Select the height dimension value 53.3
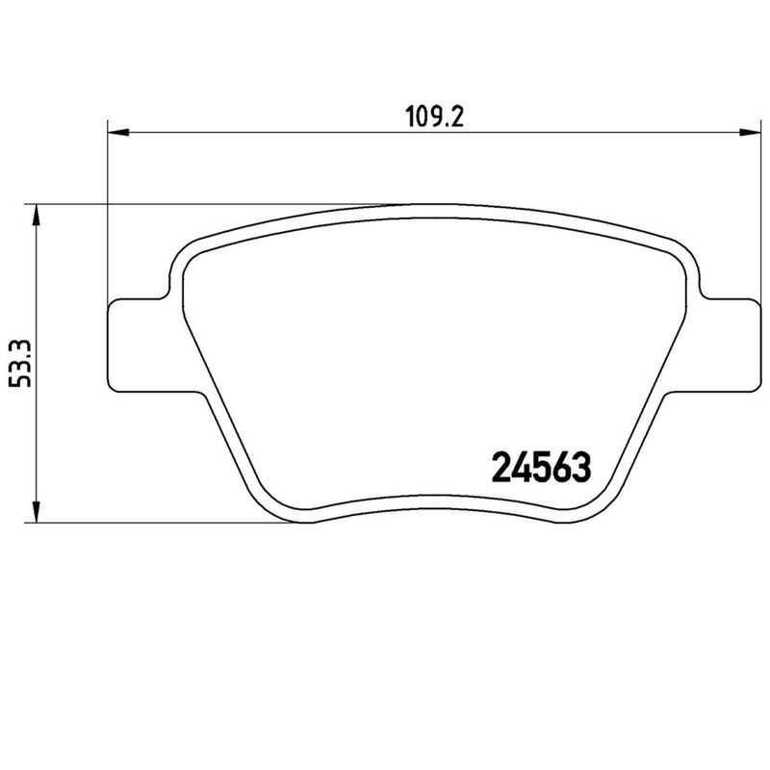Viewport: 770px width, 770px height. pyautogui.click(x=20, y=364)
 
